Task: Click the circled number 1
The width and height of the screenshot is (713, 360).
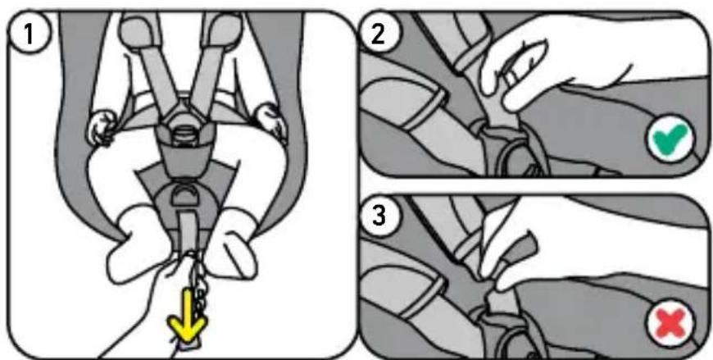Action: click(x=28, y=34)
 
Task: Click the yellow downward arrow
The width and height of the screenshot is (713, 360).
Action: click(x=188, y=321)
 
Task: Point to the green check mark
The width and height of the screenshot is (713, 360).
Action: click(x=670, y=139)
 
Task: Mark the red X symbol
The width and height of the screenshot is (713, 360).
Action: click(x=670, y=322)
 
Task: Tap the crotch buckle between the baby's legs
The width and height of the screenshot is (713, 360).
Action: click(x=186, y=194)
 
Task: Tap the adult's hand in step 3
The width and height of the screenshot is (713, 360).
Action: click(x=591, y=255)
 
